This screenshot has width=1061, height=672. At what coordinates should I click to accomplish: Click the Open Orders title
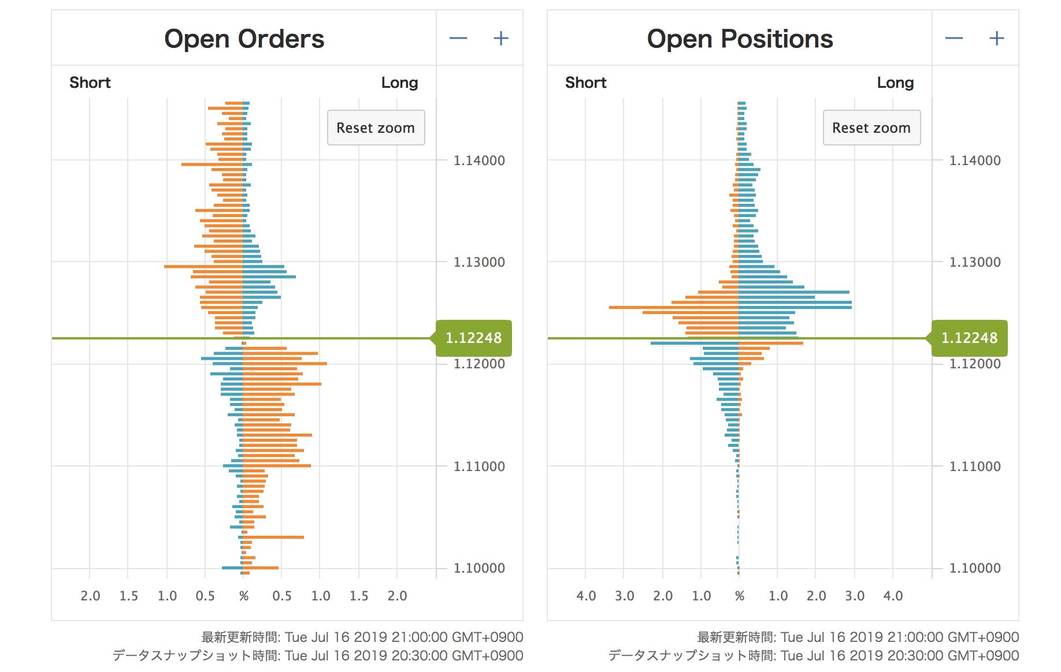point(244,39)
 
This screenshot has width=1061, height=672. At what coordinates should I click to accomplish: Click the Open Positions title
point(740,39)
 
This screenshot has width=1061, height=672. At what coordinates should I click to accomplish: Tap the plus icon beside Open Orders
point(500,39)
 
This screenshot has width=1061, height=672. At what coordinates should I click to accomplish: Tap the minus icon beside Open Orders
point(458,39)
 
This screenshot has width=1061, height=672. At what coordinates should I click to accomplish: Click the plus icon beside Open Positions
point(996,39)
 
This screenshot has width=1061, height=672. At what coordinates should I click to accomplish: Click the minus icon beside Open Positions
point(954,39)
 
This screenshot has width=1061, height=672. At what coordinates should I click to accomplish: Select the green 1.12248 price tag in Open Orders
point(473,338)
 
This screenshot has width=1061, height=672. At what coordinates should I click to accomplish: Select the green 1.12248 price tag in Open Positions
point(969,338)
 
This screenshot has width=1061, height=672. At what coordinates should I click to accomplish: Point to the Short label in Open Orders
point(90,83)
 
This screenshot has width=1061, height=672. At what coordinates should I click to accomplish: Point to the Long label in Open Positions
point(895,83)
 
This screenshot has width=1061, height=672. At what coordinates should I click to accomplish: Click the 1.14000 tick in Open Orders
point(479,160)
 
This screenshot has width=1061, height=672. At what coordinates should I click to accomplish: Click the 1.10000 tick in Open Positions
point(975,568)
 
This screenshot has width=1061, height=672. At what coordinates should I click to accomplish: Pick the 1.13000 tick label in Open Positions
point(975,262)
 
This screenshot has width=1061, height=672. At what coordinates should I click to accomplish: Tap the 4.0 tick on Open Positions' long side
point(893,596)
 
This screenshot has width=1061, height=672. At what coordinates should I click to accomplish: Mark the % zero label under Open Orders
point(243,596)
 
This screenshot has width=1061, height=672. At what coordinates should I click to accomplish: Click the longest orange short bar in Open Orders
point(203,267)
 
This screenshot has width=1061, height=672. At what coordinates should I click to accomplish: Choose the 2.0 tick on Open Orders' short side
point(90,596)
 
